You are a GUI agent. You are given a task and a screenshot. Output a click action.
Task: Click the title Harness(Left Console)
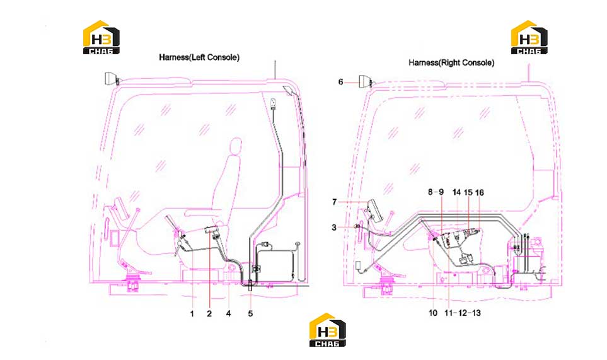(199, 57)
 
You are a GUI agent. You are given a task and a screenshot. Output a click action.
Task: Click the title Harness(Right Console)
(451, 62)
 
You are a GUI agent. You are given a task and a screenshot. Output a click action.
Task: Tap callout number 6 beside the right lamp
(340, 82)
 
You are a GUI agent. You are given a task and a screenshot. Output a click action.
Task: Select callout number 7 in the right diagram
(335, 202)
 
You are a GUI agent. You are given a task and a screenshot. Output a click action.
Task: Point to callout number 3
(334, 228)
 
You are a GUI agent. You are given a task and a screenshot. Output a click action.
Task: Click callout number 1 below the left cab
(192, 313)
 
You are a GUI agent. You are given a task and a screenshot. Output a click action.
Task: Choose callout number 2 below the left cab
(209, 313)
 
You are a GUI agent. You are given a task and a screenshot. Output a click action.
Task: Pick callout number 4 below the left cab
(228, 313)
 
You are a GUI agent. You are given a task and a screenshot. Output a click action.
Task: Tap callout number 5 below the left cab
(250, 313)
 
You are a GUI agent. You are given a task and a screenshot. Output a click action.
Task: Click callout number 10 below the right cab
(433, 313)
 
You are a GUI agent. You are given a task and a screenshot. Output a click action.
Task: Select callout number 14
(457, 192)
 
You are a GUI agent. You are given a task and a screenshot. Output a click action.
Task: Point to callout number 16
(480, 193)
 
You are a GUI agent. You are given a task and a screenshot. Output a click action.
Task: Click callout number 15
(468, 193)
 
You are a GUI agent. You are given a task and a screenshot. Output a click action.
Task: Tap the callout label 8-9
(436, 192)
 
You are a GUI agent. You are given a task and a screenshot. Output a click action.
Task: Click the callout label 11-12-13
(463, 313)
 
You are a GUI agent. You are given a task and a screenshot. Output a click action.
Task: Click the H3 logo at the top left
(101, 37)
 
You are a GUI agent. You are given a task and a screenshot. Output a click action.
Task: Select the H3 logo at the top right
(529, 37)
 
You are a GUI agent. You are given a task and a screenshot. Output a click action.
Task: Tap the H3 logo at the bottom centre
(328, 330)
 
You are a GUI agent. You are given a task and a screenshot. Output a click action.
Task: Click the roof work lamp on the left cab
(111, 79)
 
